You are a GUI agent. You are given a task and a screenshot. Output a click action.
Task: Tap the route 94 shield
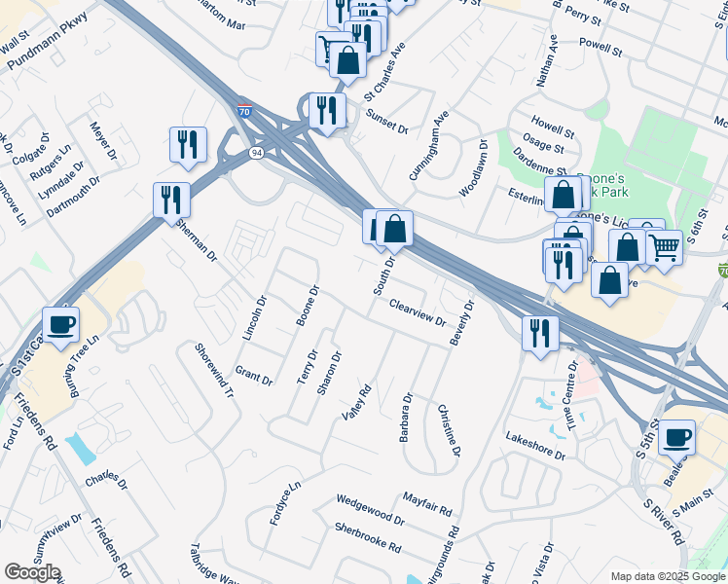click(255, 153)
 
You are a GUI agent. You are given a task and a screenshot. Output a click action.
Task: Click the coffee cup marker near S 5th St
click(676, 437)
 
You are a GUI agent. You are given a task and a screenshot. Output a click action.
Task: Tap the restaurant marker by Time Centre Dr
click(539, 333)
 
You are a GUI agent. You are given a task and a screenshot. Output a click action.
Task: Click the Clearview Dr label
click(417, 312)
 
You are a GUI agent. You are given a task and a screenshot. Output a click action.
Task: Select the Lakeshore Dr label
click(534, 447)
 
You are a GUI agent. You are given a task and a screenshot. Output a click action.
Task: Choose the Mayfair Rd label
click(427, 503)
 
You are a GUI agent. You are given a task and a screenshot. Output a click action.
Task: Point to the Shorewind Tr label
click(214, 371)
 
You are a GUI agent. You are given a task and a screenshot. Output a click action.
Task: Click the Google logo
click(32, 572)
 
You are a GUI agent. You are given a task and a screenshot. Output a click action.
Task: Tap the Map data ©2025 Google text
click(668, 576)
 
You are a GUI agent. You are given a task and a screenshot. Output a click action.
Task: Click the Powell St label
click(599, 45)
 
